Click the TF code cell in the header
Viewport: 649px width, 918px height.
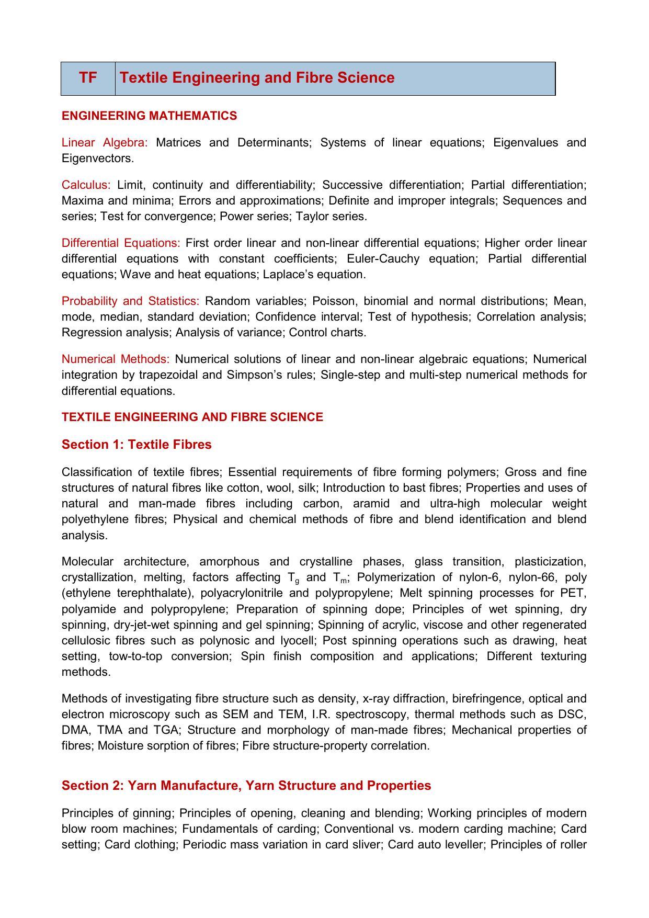tap(88, 78)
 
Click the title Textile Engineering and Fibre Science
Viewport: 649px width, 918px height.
tap(257, 78)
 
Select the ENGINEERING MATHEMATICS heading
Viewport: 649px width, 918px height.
tap(149, 116)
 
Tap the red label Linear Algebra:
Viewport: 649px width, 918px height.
tap(105, 143)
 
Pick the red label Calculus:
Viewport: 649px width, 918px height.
tap(86, 185)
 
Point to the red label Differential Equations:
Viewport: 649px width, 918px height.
tap(121, 243)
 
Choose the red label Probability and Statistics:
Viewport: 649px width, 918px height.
tap(130, 301)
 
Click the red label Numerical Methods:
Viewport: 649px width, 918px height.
tap(116, 359)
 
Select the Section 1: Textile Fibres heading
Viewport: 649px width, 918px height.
tap(136, 445)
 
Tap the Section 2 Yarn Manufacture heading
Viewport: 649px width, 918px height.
tap(246, 786)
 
